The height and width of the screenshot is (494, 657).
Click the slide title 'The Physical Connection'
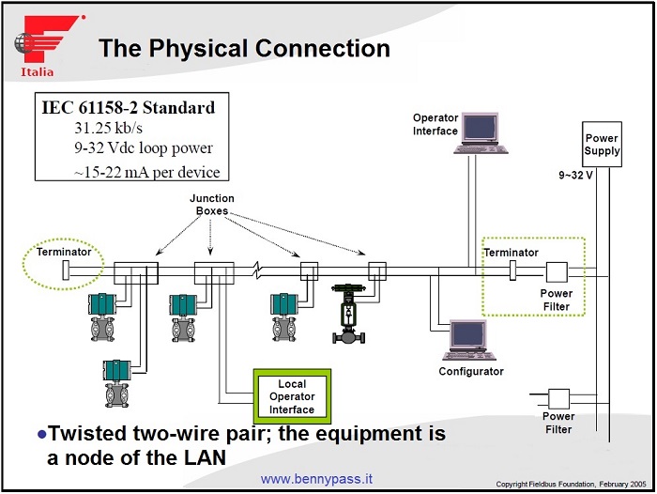click(244, 48)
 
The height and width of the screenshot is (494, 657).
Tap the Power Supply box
click(602, 145)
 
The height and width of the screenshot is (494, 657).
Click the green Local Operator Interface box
click(292, 396)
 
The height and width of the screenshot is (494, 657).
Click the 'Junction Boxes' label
click(213, 205)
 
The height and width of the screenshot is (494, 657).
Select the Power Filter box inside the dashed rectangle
click(556, 273)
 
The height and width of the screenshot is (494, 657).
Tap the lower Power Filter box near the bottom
click(558, 397)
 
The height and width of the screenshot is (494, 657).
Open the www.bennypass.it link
click(325, 479)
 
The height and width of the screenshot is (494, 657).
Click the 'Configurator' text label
click(471, 371)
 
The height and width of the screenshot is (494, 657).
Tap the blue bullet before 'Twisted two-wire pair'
click(40, 434)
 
